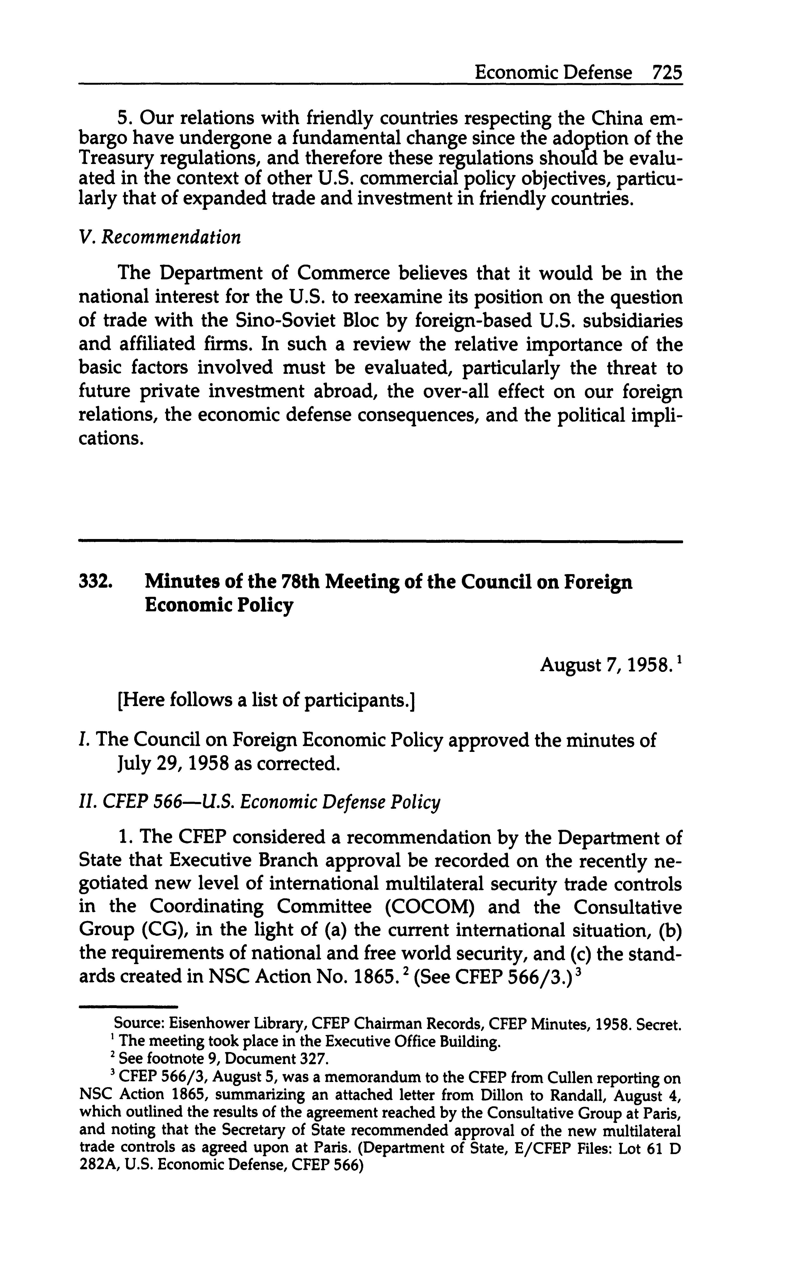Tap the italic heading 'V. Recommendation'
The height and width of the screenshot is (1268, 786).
pyautogui.click(x=159, y=237)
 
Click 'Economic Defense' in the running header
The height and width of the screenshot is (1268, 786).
pyautogui.click(x=554, y=72)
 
